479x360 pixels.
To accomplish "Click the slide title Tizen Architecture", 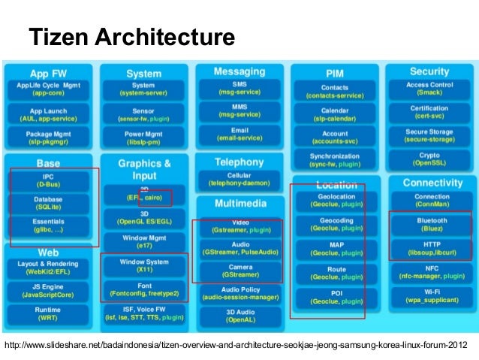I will pyautogui.click(x=131, y=36).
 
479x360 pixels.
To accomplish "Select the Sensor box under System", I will pyautogui.click(x=143, y=114).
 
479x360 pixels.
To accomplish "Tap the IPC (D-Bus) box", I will pyautogui.click(x=49, y=181).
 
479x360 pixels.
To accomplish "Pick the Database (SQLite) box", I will pyautogui.click(x=49, y=204).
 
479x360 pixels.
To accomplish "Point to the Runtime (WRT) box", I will pyautogui.click(x=49, y=313).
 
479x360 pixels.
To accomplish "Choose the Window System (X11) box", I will pyautogui.click(x=143, y=266).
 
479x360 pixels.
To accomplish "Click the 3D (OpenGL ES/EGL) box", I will pyautogui.click(x=143, y=217).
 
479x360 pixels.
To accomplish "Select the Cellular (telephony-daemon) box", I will pyautogui.click(x=239, y=180).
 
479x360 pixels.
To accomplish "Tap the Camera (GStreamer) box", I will pyautogui.click(x=239, y=271).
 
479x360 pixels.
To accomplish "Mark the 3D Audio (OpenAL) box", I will pyautogui.click(x=239, y=316).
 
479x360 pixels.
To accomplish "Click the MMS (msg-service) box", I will pyautogui.click(x=239, y=111).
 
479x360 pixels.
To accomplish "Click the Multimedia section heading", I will pyautogui.click(x=239, y=204).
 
